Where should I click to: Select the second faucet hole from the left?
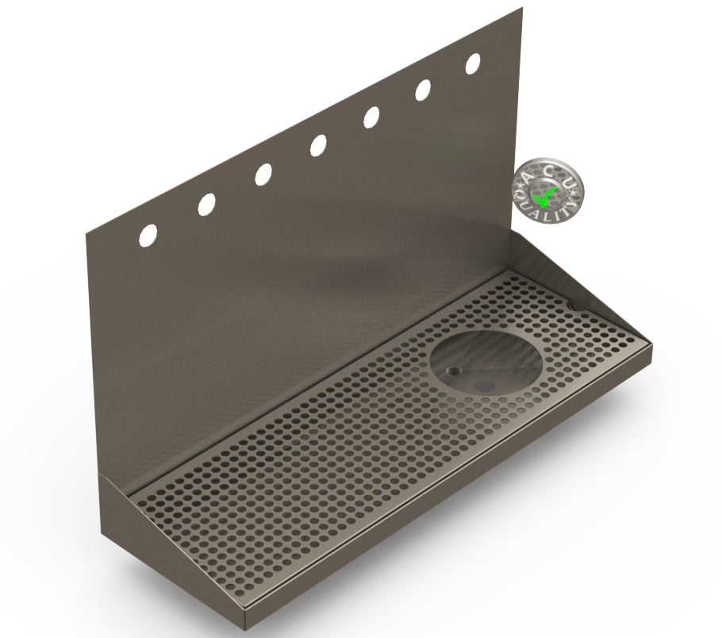[x=206, y=204]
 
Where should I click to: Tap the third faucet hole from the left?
[x=263, y=175]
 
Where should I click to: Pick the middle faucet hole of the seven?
[x=318, y=145]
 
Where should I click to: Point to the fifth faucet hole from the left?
[x=371, y=117]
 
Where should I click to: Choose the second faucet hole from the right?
[x=423, y=90]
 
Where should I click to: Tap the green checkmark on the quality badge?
[x=544, y=193]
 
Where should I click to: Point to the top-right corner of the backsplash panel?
[x=521, y=8]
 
